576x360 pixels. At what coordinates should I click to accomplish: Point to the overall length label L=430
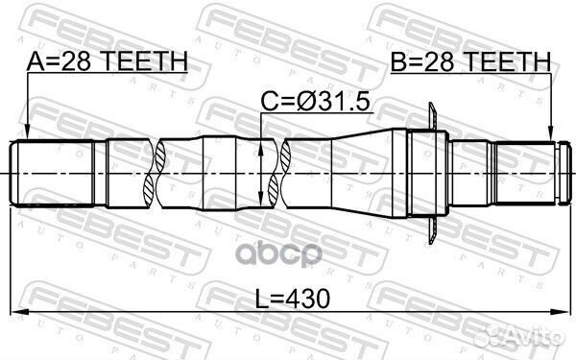point(288,299)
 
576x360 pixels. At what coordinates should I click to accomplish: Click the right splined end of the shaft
point(528,172)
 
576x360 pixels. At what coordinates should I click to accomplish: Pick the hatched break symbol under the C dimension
point(280,172)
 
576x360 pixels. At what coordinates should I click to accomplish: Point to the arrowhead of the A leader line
point(28,133)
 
